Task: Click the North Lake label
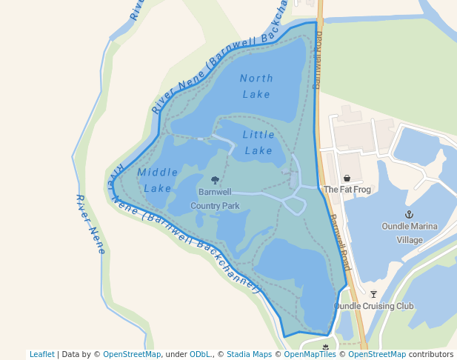coord(256,86)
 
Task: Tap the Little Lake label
coord(258,142)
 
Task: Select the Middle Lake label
coord(158,180)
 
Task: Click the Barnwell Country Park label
coord(215,199)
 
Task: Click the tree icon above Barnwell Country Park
coord(215,180)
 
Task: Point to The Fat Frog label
coord(347,190)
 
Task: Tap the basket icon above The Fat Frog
coord(347,179)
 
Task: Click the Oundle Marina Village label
coord(410,233)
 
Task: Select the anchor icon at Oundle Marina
coord(409,214)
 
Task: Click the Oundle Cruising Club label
coord(373,306)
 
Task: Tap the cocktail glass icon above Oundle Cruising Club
coord(373,294)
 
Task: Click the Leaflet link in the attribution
coord(41,355)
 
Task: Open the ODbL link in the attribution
coord(200,355)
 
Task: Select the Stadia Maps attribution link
coord(248,355)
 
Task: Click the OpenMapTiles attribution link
coord(312,355)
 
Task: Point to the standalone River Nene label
coord(90,224)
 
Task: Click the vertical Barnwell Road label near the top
coord(318,63)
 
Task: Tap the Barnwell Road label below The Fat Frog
coord(340,242)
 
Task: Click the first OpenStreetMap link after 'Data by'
coord(132,355)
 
